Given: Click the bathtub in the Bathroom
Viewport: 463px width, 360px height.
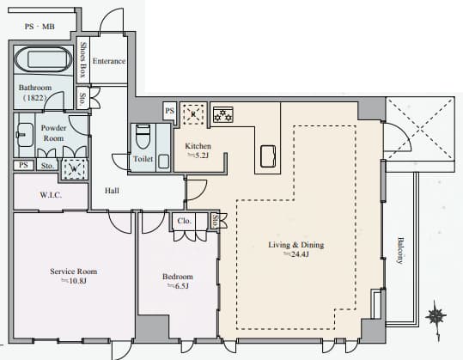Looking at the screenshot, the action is coord(43,59).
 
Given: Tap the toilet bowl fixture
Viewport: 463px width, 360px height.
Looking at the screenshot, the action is coord(143,137).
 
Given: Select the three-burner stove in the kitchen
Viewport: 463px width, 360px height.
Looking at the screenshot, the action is coord(223,114).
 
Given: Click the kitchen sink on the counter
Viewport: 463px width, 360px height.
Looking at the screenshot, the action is coord(268,156).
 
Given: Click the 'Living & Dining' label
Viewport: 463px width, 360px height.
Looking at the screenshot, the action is coord(295,245).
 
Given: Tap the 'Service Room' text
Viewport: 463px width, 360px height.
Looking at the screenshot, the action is coord(74,272).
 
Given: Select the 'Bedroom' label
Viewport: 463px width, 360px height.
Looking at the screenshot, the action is coord(178,277).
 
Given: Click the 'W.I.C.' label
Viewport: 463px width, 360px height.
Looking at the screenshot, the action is coord(51,195).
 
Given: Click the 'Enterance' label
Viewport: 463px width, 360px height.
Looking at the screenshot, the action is coord(109,61).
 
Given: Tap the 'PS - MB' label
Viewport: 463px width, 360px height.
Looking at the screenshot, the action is coord(40,27).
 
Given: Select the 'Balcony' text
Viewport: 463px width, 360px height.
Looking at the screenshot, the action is coord(400,250).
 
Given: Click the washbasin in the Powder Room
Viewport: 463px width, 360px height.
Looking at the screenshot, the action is coord(25,135).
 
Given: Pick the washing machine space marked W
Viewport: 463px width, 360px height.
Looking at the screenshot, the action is coord(74,169).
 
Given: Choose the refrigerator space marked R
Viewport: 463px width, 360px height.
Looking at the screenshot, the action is coord(193,113).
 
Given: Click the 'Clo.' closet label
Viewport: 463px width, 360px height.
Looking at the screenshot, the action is coord(184,221).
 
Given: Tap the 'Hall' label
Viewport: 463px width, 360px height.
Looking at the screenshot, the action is coord(112,191).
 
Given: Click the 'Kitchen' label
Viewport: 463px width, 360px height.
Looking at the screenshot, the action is coord(198,146).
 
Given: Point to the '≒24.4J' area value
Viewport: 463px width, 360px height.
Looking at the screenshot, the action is coord(296,254).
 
